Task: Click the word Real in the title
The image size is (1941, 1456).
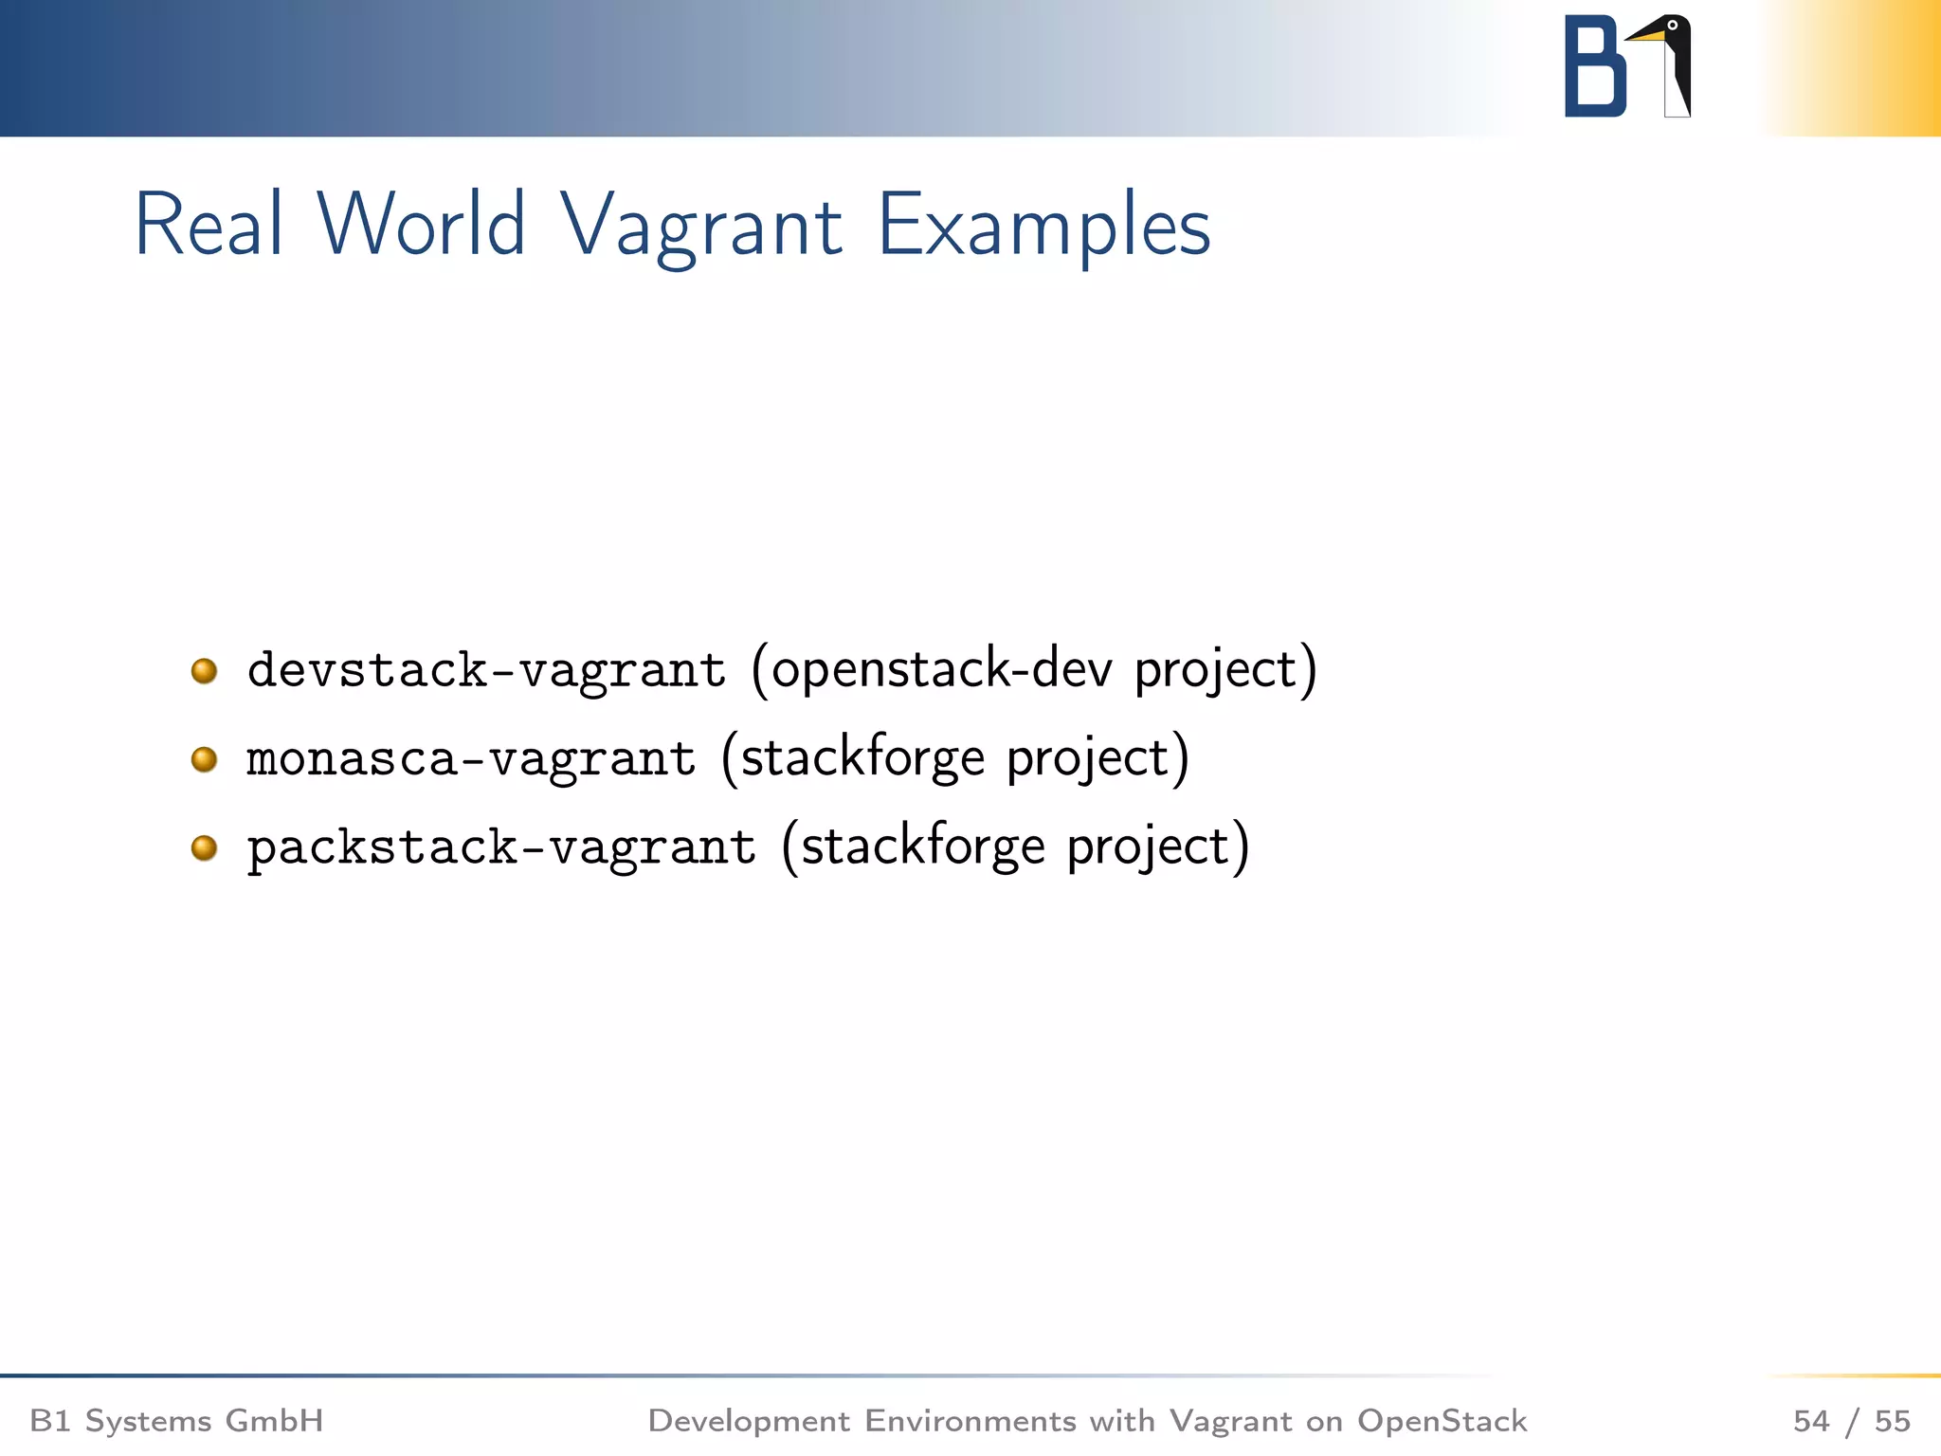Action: click(209, 225)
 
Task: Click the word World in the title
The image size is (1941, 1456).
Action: click(421, 225)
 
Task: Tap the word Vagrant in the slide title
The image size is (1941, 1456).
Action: click(700, 227)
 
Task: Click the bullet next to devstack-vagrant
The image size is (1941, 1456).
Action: click(204, 671)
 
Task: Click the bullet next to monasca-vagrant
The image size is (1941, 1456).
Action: click(204, 759)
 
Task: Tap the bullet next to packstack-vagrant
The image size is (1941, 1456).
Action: click(204, 847)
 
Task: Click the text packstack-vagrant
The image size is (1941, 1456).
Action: click(501, 847)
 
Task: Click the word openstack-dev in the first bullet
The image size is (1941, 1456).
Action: click(941, 669)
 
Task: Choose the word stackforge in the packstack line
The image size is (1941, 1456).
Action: click(923, 846)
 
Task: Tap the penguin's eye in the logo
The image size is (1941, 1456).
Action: click(1673, 26)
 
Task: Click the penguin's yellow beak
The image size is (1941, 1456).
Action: click(1646, 36)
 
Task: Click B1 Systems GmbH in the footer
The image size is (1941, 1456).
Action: click(177, 1421)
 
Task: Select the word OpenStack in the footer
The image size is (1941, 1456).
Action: click(1442, 1421)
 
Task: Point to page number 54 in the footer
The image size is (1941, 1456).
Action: click(1811, 1421)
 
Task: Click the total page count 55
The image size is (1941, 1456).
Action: click(1892, 1421)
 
